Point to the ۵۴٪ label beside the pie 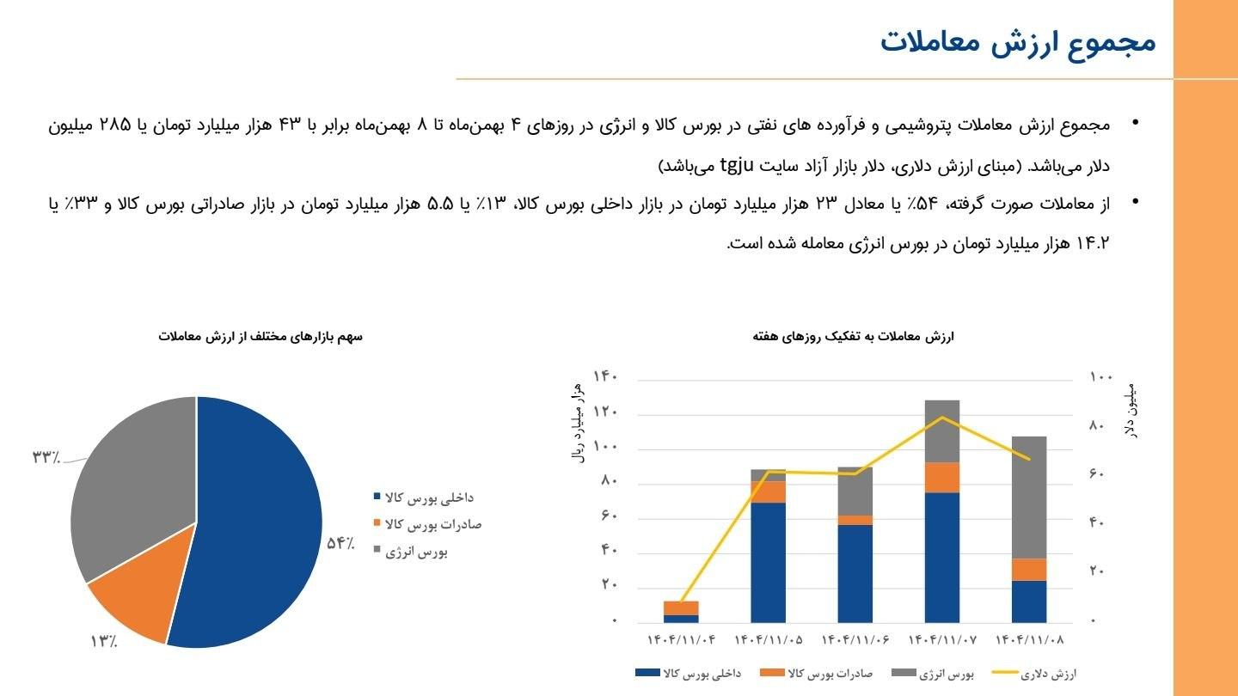click(340, 543)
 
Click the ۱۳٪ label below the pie click(103, 641)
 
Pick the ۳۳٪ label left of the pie click(46, 456)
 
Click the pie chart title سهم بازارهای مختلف click(260, 336)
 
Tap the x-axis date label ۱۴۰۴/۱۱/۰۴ click(681, 640)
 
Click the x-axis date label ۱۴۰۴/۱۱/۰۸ click(1029, 640)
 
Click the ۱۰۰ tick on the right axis click(1101, 376)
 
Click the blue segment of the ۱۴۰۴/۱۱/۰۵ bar click(768, 563)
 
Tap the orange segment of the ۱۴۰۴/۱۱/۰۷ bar click(942, 477)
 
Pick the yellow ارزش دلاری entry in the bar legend click(1035, 675)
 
